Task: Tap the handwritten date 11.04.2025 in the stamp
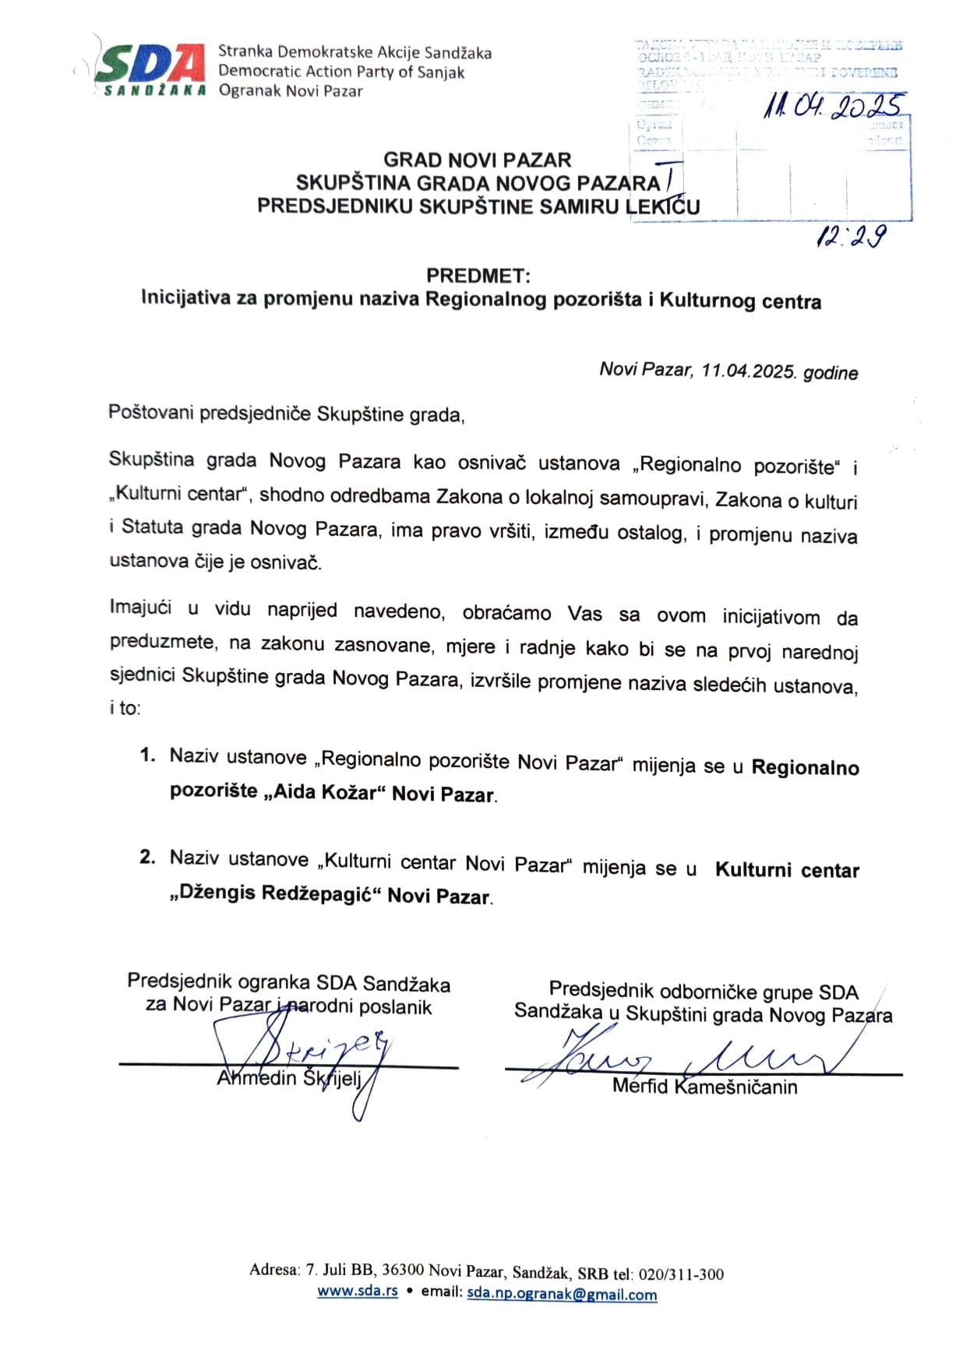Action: tap(834, 107)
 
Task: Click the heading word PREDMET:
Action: tap(478, 276)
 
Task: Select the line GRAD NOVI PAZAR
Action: tap(477, 160)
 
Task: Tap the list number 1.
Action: tap(147, 756)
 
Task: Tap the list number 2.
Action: tap(147, 858)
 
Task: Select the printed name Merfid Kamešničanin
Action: tap(704, 1087)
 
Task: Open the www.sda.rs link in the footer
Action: tap(357, 1291)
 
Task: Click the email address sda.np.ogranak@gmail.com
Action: tap(562, 1295)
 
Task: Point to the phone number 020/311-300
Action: tap(681, 1274)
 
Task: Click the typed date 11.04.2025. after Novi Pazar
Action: tap(749, 371)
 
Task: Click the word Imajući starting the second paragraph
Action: tap(140, 608)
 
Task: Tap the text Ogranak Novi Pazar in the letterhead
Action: tap(291, 91)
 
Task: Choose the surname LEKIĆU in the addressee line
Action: tap(663, 206)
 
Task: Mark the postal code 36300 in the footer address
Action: tap(403, 1270)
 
